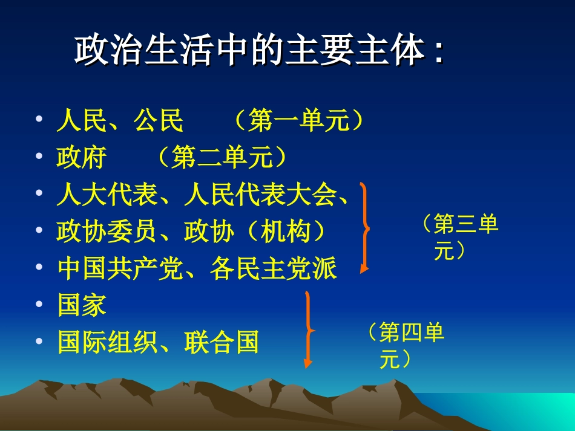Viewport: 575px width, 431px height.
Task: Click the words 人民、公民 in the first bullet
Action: click(x=120, y=122)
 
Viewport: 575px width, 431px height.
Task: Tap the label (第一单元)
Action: click(x=300, y=122)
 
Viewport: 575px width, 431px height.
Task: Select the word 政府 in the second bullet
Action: click(x=81, y=158)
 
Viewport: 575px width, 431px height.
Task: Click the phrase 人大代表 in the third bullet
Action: click(x=107, y=195)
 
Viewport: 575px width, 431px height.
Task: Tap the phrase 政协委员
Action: click(x=107, y=232)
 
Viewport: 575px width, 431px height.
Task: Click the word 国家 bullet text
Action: click(x=82, y=305)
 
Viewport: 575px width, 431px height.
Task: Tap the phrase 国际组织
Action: click(x=107, y=342)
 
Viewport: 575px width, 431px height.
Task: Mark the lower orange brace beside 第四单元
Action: click(x=309, y=329)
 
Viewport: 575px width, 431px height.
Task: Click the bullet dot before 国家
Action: click(x=39, y=305)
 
